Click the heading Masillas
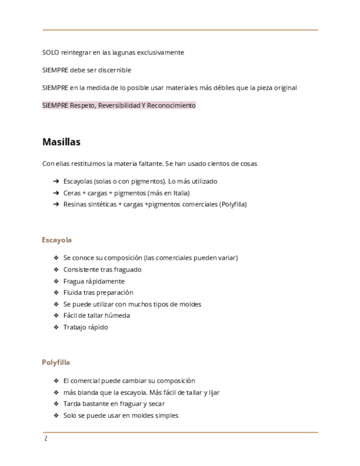coord(61,142)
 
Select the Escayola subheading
coord(57,240)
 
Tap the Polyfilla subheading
coord(56,363)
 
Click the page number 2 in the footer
coord(46,439)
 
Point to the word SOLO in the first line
coord(51,53)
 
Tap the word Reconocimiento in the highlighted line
coord(171,106)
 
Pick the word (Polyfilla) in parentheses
coord(233,204)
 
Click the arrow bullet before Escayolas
coord(56,181)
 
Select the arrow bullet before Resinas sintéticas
coord(56,204)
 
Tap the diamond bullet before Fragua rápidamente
coord(56,281)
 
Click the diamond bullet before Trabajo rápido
coord(56,328)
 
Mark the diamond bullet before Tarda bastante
coord(56,404)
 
